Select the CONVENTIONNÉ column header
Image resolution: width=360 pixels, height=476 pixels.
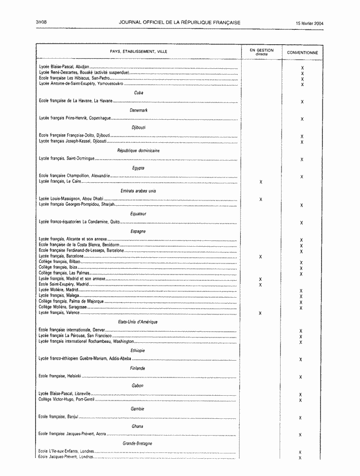(302, 52)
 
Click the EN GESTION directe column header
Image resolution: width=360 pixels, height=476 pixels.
(261, 51)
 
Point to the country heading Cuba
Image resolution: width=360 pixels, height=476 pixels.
(139, 93)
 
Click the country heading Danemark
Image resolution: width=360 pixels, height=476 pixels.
(139, 110)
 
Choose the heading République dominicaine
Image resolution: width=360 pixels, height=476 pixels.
(139, 150)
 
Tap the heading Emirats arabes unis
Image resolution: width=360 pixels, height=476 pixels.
(139, 191)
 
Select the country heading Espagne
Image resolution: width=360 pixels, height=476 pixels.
(139, 231)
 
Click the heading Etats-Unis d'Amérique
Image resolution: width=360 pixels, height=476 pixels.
(139, 322)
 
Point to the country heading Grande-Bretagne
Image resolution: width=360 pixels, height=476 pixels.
(139, 443)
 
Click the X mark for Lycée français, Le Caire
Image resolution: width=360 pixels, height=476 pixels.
(260, 183)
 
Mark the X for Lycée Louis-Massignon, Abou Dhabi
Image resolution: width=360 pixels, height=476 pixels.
(260, 200)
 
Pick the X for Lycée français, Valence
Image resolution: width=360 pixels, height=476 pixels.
(260, 313)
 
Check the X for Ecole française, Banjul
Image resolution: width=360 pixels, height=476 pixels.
(300, 418)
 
